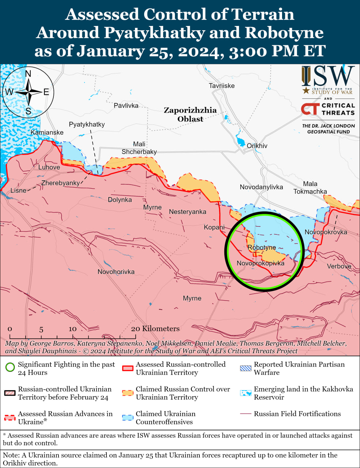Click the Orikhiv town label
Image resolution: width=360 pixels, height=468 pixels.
[257, 146]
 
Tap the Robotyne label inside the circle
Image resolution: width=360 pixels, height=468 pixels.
[262, 248]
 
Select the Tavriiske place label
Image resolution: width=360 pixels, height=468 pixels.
[222, 86]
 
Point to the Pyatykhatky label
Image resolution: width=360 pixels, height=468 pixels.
[87, 124]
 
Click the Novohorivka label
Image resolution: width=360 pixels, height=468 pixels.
[116, 272]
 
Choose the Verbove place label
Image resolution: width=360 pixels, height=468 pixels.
[339, 266]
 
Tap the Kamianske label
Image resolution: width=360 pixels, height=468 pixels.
[47, 132]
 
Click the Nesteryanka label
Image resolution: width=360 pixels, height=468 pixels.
[187, 212]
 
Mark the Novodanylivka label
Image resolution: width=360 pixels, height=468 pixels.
[261, 187]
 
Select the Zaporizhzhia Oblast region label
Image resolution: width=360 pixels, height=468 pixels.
[190, 114]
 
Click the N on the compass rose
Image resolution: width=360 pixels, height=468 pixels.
[28, 74]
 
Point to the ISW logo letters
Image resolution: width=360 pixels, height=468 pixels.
[328, 76]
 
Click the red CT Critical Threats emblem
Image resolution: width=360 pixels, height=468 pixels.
[310, 109]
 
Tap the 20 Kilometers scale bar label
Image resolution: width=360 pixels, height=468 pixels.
[155, 329]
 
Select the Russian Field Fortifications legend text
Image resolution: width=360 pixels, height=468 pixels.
[297, 414]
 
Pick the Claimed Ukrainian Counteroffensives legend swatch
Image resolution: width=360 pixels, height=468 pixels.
[128, 418]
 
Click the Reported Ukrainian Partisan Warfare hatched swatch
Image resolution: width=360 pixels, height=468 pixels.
[245, 368]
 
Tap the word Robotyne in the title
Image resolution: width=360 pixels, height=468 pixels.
[284, 33]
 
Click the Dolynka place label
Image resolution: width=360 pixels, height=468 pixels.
[120, 200]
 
